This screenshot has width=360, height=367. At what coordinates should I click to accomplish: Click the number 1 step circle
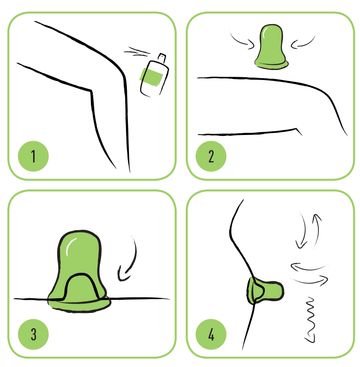click(x=34, y=156)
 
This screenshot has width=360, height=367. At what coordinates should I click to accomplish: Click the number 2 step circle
click(x=211, y=156)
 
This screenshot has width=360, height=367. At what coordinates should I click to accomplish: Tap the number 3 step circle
click(x=34, y=334)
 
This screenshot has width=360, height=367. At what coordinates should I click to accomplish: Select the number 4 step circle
click(x=211, y=334)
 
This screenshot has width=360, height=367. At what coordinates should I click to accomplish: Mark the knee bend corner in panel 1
click(x=91, y=90)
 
